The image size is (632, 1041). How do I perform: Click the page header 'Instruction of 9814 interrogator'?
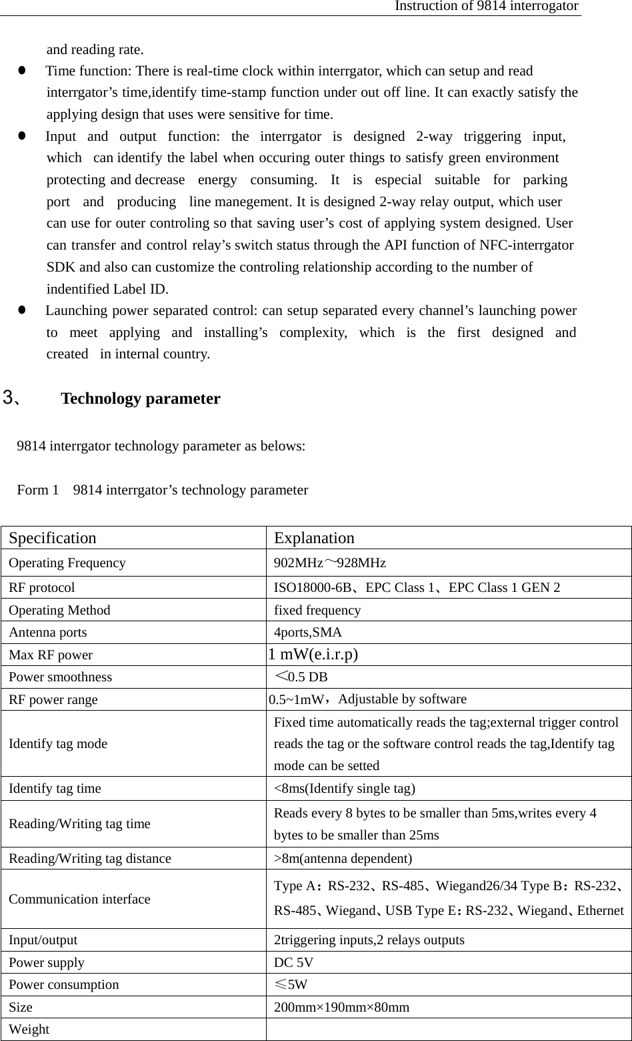486,6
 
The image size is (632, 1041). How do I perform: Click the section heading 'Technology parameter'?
140,399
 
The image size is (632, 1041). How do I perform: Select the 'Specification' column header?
53,538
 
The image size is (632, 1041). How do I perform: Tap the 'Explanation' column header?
314,538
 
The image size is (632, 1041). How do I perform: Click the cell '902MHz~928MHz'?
330,563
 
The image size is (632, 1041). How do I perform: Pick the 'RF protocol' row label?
42,588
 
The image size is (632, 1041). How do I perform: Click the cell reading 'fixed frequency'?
317,610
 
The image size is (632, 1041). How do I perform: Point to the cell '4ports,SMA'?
308,632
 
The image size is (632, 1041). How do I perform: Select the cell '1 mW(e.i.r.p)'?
313,654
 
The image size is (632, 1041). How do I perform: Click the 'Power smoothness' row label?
61,677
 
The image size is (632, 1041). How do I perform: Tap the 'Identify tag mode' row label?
58,743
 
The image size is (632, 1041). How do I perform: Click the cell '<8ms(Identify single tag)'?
345,788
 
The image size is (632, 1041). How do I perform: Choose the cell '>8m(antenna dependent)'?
343,858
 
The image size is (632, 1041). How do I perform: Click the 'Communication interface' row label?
79,899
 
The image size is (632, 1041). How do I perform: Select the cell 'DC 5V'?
294,962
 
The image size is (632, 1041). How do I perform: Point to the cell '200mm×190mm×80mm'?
342,1007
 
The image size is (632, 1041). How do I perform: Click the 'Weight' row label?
29,1029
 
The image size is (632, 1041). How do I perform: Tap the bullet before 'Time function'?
22,70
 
